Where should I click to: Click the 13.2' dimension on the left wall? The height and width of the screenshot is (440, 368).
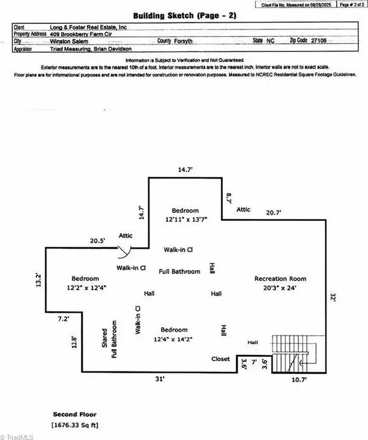pos(39,280)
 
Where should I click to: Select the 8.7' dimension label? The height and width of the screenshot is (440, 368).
pos(229,198)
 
